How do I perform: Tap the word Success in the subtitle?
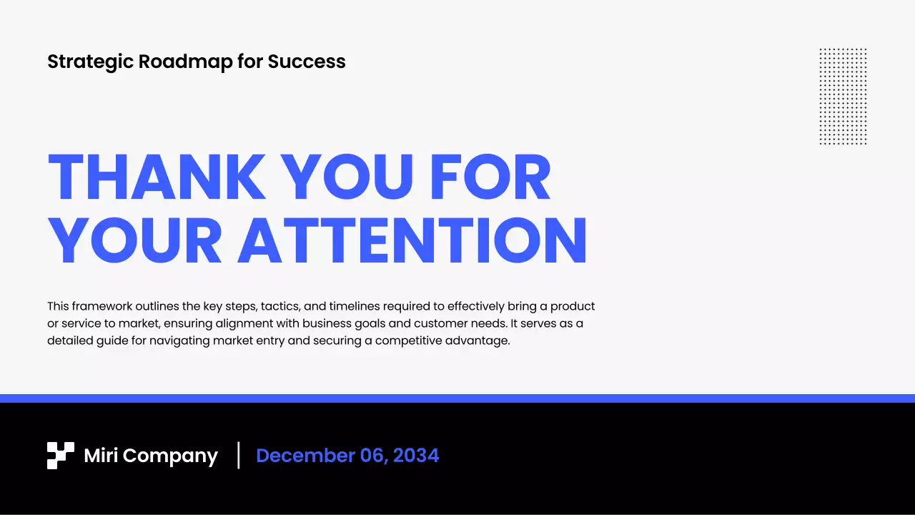click(x=307, y=62)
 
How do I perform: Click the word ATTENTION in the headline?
click(x=412, y=240)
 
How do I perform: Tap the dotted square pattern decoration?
click(x=843, y=97)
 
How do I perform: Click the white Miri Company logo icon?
click(x=61, y=456)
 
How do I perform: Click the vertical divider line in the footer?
click(x=239, y=456)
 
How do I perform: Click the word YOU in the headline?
click(x=347, y=178)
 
